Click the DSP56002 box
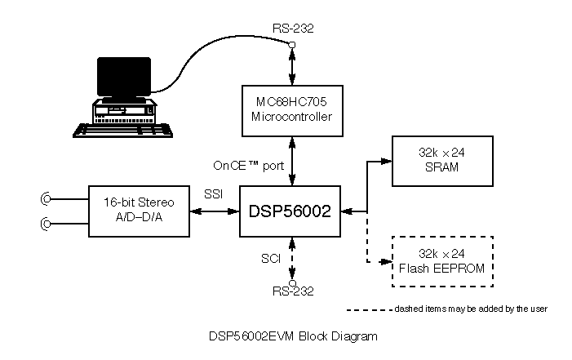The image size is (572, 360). click(x=289, y=211)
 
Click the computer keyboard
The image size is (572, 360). click(x=123, y=128)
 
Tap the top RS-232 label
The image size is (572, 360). click(x=292, y=29)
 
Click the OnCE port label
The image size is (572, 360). click(x=248, y=165)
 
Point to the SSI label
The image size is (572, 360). click(x=212, y=196)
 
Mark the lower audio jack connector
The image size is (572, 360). click(x=47, y=224)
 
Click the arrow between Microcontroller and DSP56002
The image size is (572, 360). click(x=291, y=160)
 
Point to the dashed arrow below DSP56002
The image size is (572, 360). click(x=291, y=259)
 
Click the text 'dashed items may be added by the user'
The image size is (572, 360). click(x=470, y=309)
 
